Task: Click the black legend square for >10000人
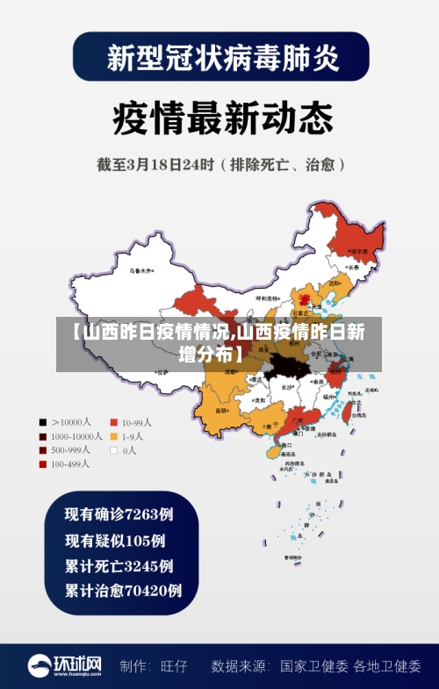coord(41,421)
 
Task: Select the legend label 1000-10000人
coord(74,435)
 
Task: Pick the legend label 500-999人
coord(69,449)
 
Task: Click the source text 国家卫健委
coord(314,666)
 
